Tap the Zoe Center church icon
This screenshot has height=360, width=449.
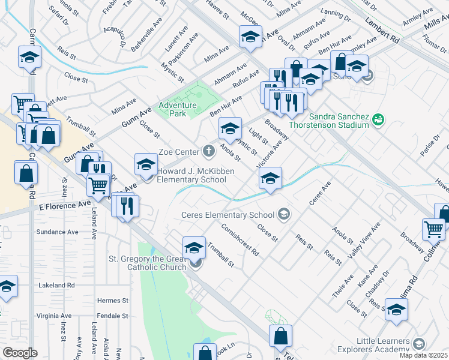pos(209,151)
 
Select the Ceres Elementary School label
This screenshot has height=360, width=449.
pos(228,215)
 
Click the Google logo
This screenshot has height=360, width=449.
pos(20,353)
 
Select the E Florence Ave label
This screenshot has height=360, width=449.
pos(64,205)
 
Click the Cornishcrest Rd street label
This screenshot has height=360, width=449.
pos(239,240)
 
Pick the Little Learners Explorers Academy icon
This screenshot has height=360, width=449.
pos(418,343)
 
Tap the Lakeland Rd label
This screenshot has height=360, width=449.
pos(55,286)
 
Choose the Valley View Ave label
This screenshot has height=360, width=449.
pos(366,238)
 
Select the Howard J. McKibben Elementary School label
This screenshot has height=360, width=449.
pos(195,175)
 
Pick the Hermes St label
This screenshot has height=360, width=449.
pos(113,300)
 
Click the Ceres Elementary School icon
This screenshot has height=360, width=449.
pos(283,214)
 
